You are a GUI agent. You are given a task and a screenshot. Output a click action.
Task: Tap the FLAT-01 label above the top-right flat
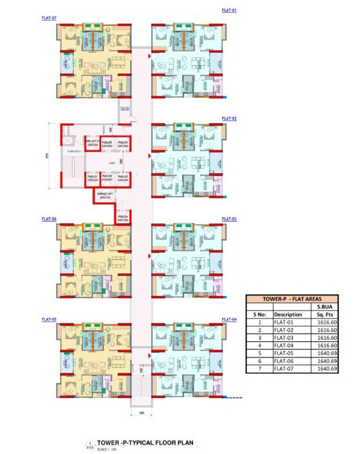[229, 11]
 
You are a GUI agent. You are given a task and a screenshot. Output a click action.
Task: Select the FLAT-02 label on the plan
[229, 119]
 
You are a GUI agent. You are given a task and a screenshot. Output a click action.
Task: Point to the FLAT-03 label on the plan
[229, 219]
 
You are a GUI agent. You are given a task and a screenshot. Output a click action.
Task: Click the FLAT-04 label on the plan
[229, 319]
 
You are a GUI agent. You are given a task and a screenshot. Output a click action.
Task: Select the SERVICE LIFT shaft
[105, 196]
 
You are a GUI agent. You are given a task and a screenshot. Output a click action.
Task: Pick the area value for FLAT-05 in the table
[326, 353]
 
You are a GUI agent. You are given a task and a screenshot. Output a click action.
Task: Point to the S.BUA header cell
[326, 307]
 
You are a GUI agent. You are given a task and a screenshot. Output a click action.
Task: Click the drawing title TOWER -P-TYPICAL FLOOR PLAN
[140, 442]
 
